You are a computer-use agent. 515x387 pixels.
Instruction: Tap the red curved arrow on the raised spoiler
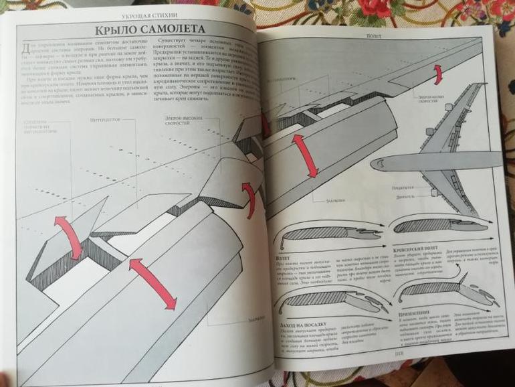[x=69, y=236]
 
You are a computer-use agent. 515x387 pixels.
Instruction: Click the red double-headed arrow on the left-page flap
[x=152, y=284]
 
